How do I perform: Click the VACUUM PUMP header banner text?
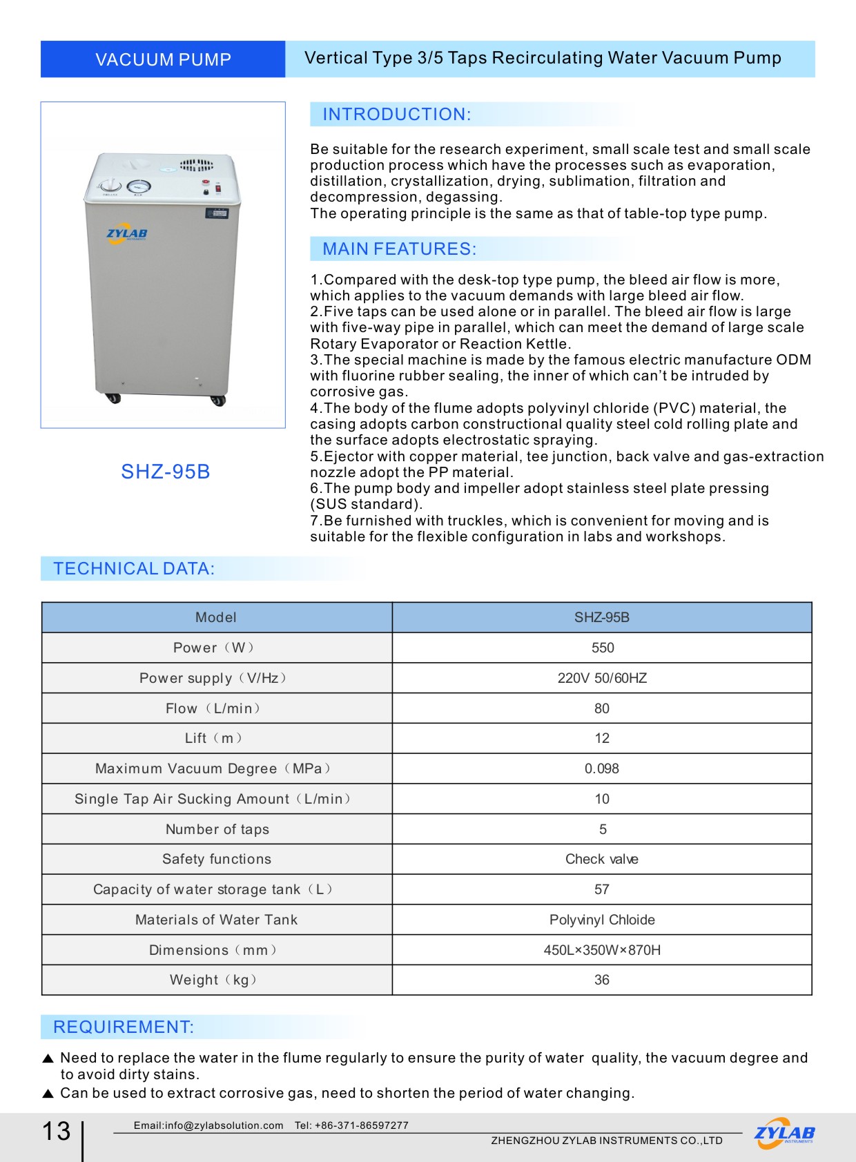tap(163, 59)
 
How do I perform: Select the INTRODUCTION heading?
tap(396, 115)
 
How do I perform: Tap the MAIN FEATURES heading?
tap(399, 249)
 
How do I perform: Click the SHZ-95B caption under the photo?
tap(165, 472)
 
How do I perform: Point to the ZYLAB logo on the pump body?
tap(127, 233)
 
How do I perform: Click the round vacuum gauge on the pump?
tap(139, 186)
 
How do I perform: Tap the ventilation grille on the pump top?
tap(197, 165)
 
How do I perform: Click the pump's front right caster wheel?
tap(218, 400)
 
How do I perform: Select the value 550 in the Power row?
tap(602, 648)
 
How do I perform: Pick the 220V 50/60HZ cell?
tap(602, 678)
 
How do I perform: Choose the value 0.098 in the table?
tap(602, 768)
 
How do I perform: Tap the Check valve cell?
tap(602, 859)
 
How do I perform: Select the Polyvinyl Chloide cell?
tap(602, 920)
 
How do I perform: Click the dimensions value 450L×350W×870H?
tap(602, 950)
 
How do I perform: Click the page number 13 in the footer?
tap(57, 1131)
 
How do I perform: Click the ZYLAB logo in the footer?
tap(784, 1133)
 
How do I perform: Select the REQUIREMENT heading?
tap(124, 1027)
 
